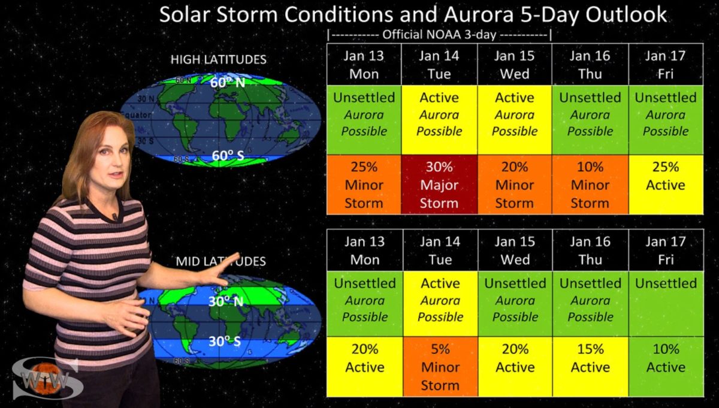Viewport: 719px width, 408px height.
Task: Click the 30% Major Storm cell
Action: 439,185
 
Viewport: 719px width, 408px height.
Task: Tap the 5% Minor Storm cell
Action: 440,367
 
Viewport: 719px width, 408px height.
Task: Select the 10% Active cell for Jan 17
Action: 666,367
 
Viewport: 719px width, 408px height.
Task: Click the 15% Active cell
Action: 591,367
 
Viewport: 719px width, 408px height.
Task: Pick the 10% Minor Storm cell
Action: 590,185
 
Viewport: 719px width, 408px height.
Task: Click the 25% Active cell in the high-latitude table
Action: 666,185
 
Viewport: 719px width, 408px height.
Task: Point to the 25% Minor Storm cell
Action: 364,185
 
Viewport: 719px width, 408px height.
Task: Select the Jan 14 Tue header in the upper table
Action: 439,65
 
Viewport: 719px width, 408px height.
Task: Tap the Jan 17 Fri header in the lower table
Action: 666,250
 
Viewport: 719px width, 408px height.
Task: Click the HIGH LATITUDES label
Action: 218,60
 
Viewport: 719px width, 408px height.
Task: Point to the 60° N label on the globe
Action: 228,83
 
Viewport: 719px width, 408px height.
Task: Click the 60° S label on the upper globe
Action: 228,156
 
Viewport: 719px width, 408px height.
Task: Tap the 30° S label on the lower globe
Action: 225,341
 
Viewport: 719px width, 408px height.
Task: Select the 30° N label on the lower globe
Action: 226,301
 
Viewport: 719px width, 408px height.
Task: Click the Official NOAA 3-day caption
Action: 439,34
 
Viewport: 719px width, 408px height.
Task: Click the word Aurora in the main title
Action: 479,14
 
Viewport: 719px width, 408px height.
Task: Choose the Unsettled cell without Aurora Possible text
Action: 666,304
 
